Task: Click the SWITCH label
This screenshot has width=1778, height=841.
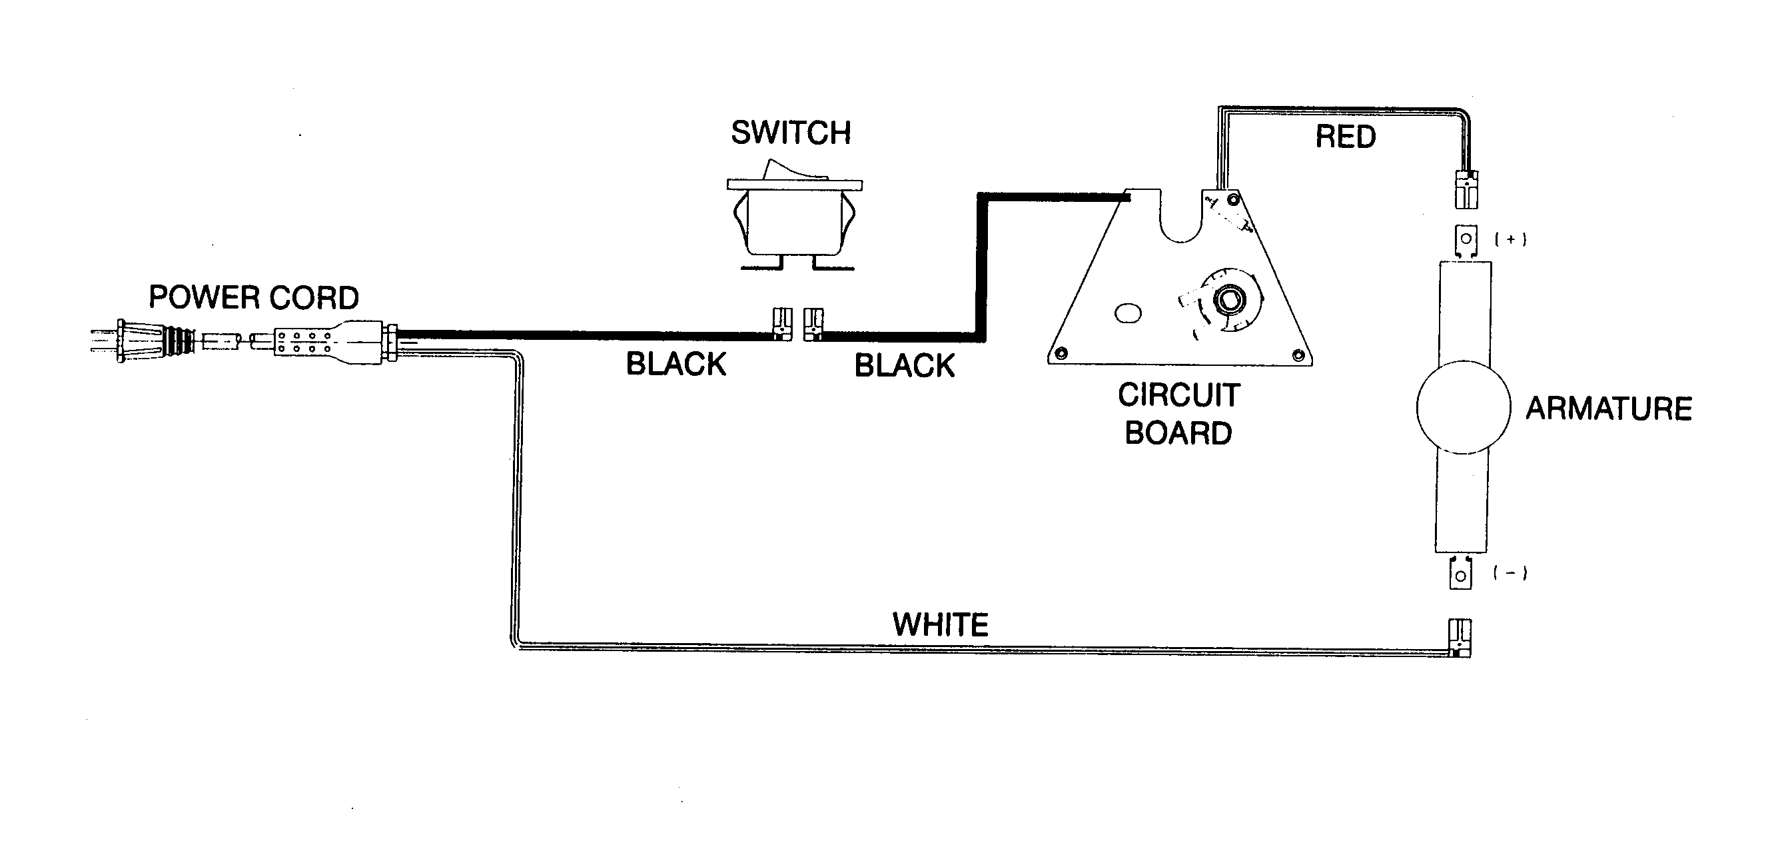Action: point(790,133)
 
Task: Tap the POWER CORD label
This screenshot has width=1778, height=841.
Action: point(253,298)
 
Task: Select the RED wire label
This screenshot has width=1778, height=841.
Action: point(1345,137)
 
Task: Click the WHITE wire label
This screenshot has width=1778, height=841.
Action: point(940,625)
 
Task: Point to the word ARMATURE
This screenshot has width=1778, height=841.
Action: point(1608,409)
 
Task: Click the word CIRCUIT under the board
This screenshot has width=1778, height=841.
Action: point(1179,396)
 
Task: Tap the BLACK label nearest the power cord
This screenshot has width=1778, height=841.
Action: point(675,365)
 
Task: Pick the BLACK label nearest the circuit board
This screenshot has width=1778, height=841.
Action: point(904,366)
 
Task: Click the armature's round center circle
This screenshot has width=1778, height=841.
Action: point(1464,407)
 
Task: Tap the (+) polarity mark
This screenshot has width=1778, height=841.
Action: point(1510,240)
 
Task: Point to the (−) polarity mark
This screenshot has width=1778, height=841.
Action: point(1510,573)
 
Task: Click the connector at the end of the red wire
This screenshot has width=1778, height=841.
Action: point(1467,189)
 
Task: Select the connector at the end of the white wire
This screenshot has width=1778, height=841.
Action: point(1459,636)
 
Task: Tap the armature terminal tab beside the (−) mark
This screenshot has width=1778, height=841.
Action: point(1460,574)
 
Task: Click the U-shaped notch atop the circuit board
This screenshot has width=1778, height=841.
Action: point(1181,221)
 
